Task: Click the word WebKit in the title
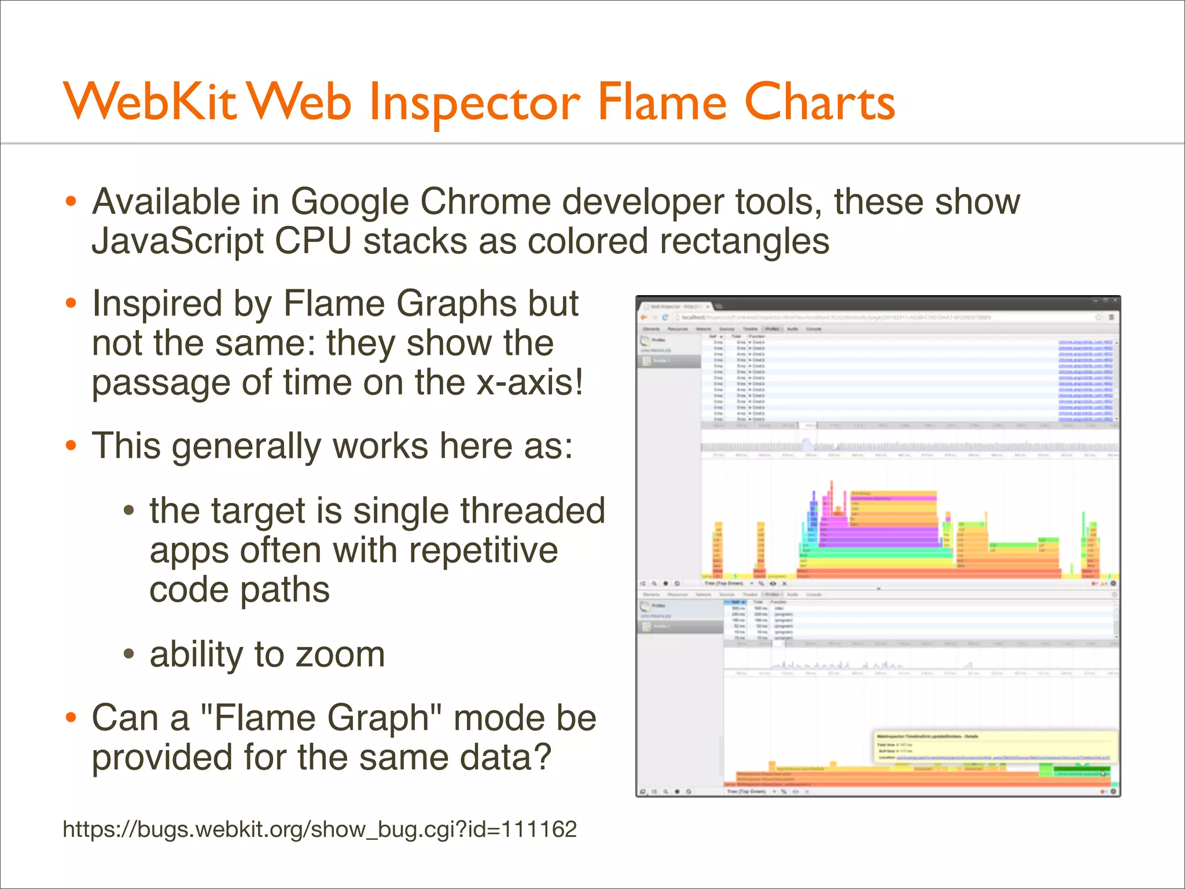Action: (x=150, y=102)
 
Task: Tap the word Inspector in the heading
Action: (x=474, y=103)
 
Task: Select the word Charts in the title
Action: (x=819, y=102)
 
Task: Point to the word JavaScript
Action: (x=177, y=241)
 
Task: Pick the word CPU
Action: (x=313, y=241)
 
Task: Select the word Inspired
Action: (x=157, y=303)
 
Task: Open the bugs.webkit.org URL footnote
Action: (x=319, y=829)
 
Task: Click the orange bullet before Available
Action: (x=71, y=201)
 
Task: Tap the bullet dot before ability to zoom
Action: (x=129, y=655)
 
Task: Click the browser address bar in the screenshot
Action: (x=868, y=317)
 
